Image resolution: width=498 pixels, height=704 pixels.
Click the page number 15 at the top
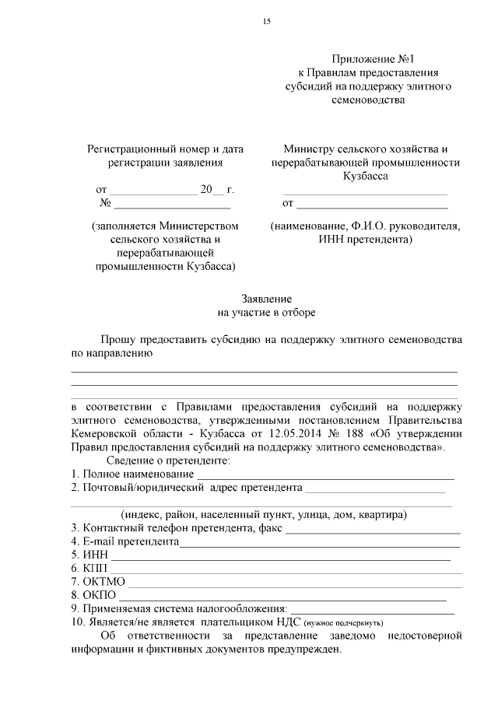267,21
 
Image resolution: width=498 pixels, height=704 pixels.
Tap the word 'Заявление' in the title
267,299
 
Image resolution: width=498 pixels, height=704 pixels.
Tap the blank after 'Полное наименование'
325,476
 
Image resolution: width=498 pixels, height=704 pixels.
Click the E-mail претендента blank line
319,543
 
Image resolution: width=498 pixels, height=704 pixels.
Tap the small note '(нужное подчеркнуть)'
343,624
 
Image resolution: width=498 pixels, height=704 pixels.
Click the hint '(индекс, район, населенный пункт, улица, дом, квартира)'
264,515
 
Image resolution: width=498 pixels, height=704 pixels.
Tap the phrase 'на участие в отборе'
267,313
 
